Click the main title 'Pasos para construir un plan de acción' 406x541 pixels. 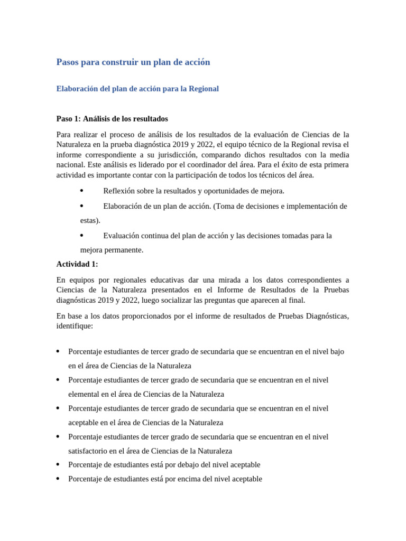(x=133, y=62)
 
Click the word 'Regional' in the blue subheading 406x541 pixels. (x=204, y=89)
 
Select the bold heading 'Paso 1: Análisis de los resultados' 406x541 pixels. (x=112, y=118)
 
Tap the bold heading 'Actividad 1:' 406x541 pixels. (x=77, y=264)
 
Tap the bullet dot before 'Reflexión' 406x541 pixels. (x=81, y=190)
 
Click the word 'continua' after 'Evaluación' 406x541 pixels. (x=155, y=236)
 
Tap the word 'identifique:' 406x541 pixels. (x=75, y=326)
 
